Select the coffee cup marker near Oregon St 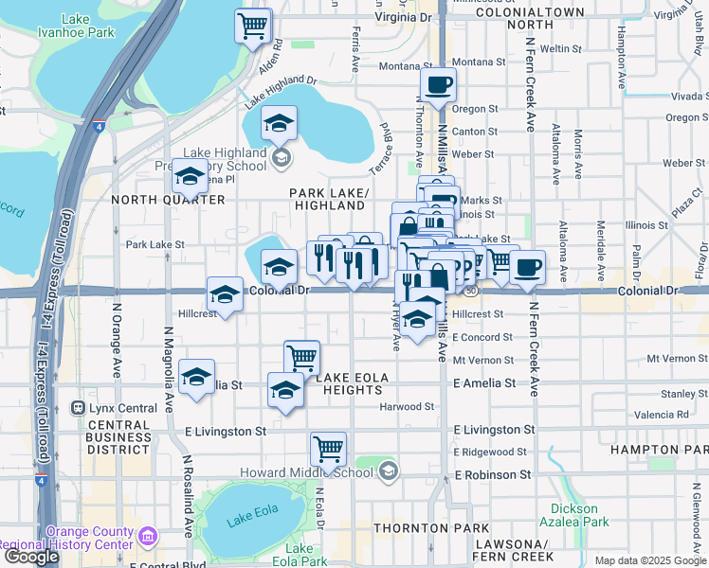click(437, 85)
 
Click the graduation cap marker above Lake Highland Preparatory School click(279, 123)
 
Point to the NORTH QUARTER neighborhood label click(158, 200)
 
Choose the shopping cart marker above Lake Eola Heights click(301, 358)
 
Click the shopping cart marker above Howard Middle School click(328, 450)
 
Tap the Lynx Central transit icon click(79, 408)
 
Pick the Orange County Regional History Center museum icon click(147, 537)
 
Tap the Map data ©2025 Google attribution click(650, 560)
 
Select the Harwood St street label click(407, 407)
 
